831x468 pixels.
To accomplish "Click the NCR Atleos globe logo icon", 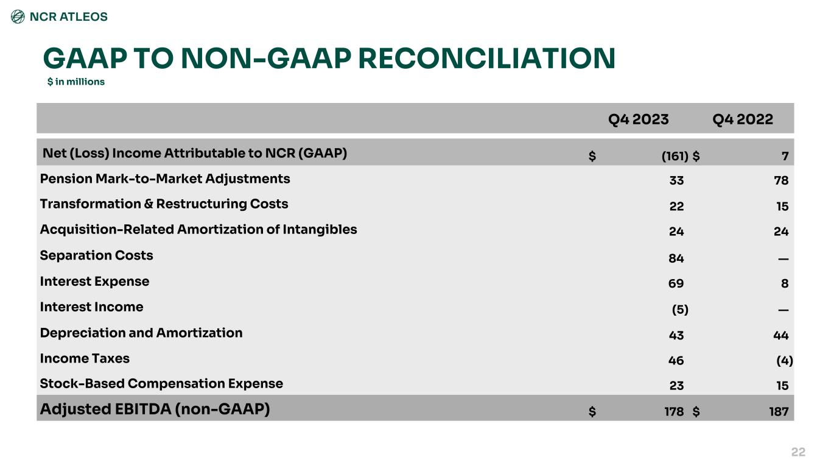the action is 18,16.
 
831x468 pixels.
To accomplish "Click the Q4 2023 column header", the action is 638,119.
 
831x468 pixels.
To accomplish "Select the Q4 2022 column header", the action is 743,119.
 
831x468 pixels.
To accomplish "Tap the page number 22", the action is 798,452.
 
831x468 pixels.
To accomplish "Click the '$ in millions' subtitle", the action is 76,82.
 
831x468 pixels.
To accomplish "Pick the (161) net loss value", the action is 675,156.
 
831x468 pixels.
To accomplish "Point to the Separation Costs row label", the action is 96,255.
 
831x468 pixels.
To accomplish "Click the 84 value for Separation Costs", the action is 676,258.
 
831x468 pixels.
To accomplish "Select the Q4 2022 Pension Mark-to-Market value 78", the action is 781,180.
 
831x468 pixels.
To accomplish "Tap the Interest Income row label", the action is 92,307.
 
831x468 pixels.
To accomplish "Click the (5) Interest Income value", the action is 680,310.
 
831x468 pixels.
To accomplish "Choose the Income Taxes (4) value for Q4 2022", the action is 785,360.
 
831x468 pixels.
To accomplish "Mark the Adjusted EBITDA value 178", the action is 674,411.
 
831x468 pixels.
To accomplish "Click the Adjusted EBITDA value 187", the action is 779,411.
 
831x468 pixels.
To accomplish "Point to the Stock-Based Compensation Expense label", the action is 161,384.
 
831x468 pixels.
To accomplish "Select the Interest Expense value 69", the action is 676,284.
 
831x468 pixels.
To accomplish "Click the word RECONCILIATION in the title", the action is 487,58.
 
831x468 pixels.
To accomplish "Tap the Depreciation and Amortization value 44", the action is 780,335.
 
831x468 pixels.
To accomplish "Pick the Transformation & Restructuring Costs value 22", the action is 677,206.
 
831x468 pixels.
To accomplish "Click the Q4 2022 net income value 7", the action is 785,156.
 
